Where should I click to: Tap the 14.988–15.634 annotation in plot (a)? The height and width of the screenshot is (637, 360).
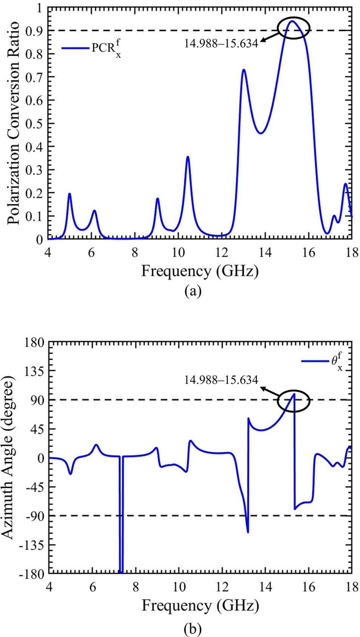[221, 43]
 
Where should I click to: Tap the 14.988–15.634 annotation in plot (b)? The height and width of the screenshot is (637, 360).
[221, 380]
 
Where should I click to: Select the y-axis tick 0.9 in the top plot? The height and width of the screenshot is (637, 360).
[34, 31]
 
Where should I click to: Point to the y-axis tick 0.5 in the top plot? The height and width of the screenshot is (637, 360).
[34, 124]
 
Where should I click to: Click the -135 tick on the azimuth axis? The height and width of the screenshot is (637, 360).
[33, 545]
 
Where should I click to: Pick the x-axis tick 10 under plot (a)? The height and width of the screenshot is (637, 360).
[178, 252]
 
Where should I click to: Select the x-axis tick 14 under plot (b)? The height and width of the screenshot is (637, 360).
[266, 586]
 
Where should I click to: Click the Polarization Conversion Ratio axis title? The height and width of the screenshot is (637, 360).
[14, 123]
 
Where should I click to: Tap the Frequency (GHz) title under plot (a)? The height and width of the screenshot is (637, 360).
[200, 271]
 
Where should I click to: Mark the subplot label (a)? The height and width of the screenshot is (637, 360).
[193, 292]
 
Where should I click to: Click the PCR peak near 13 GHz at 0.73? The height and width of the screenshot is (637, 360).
[244, 70]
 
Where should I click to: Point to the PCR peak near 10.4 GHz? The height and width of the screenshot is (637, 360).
[188, 157]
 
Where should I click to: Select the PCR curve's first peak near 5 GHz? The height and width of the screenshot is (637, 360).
[70, 194]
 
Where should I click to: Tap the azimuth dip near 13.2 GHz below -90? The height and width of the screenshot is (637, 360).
[248, 532]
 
